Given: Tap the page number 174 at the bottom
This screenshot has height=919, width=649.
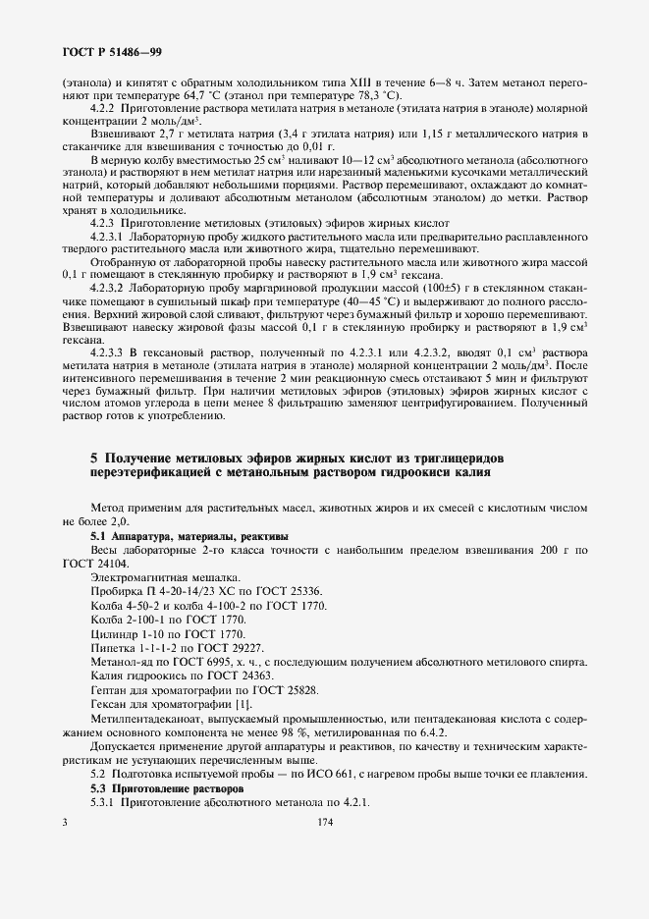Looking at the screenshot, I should click(x=325, y=824).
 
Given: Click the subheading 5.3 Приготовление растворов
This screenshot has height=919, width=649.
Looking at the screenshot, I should click(x=167, y=788).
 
